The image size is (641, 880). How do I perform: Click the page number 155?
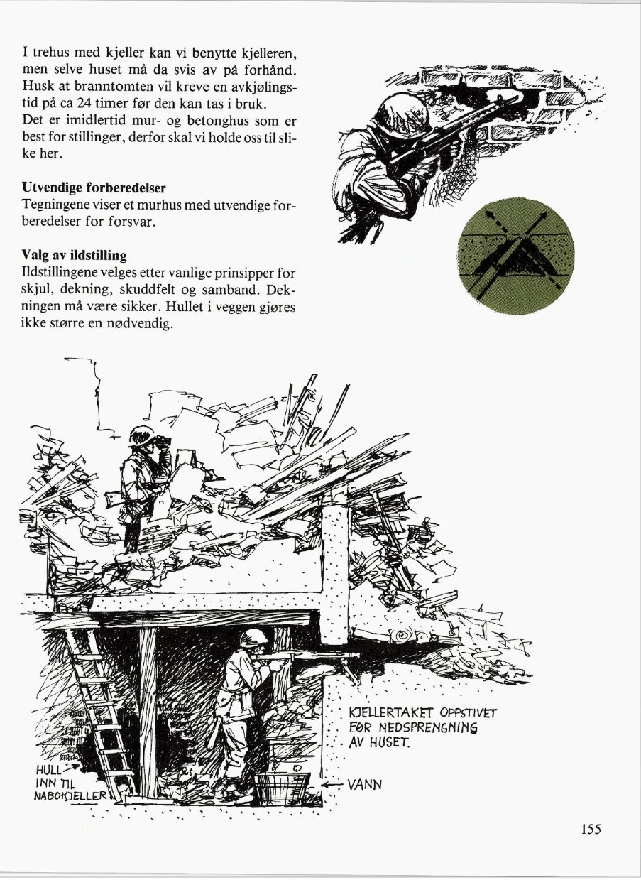point(591,829)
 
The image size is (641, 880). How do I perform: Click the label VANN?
point(365,785)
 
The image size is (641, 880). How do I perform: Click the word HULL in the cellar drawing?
point(49,770)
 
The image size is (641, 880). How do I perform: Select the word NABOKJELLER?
point(71,795)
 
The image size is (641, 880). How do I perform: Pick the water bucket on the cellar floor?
point(282,788)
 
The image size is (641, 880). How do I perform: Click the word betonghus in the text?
point(216,121)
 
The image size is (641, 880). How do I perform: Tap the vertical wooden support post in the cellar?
point(148,710)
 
